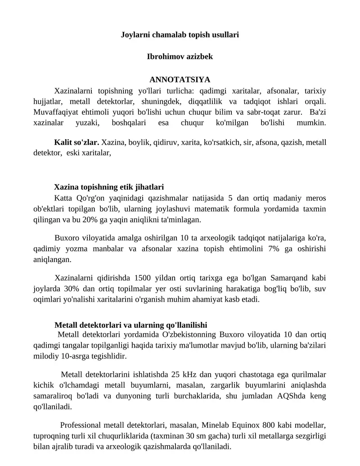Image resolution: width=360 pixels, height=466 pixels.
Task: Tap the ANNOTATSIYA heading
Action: [x=180, y=80]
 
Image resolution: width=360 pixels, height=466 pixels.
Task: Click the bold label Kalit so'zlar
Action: [x=76, y=142]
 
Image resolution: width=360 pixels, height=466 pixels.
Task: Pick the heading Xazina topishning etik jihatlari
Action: [x=109, y=186]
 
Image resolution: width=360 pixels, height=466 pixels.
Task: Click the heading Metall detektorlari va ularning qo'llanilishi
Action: [x=130, y=325]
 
